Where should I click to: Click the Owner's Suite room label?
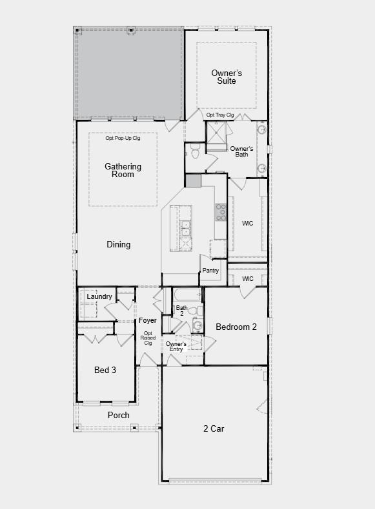click(x=227, y=77)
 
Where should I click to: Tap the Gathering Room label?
click(x=123, y=171)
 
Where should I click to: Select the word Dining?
click(x=119, y=245)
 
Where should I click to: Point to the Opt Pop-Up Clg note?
click(x=123, y=138)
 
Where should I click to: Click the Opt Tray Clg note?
click(x=220, y=115)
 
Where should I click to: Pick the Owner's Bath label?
click(x=243, y=151)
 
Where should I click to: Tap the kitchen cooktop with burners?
click(x=221, y=212)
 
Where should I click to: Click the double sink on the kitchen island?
click(x=185, y=229)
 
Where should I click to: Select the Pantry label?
click(x=210, y=271)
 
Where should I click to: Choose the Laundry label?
click(x=99, y=297)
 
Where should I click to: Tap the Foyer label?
click(x=147, y=321)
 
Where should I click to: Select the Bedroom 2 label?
click(x=236, y=327)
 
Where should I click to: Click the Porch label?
click(x=118, y=416)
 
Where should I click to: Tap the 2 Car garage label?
click(x=213, y=428)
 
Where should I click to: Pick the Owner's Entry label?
click(x=176, y=347)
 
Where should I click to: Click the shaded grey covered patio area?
click(x=129, y=72)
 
